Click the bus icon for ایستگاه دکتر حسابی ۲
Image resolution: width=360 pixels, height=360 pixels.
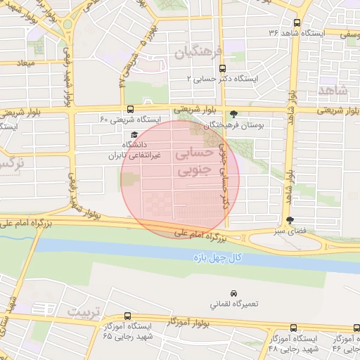pyautogui.click(x=223, y=69)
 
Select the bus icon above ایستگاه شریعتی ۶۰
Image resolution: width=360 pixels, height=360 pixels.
pyautogui.click(x=130, y=109)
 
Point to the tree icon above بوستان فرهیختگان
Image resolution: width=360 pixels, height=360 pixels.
pyautogui.click(x=234, y=115)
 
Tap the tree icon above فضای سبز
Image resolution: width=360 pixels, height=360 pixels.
pyautogui.click(x=290, y=220)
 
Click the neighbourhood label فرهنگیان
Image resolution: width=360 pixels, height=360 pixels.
pyautogui.click(x=199, y=52)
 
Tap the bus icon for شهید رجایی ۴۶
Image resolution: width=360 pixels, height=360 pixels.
pyautogui.click(x=355, y=328)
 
